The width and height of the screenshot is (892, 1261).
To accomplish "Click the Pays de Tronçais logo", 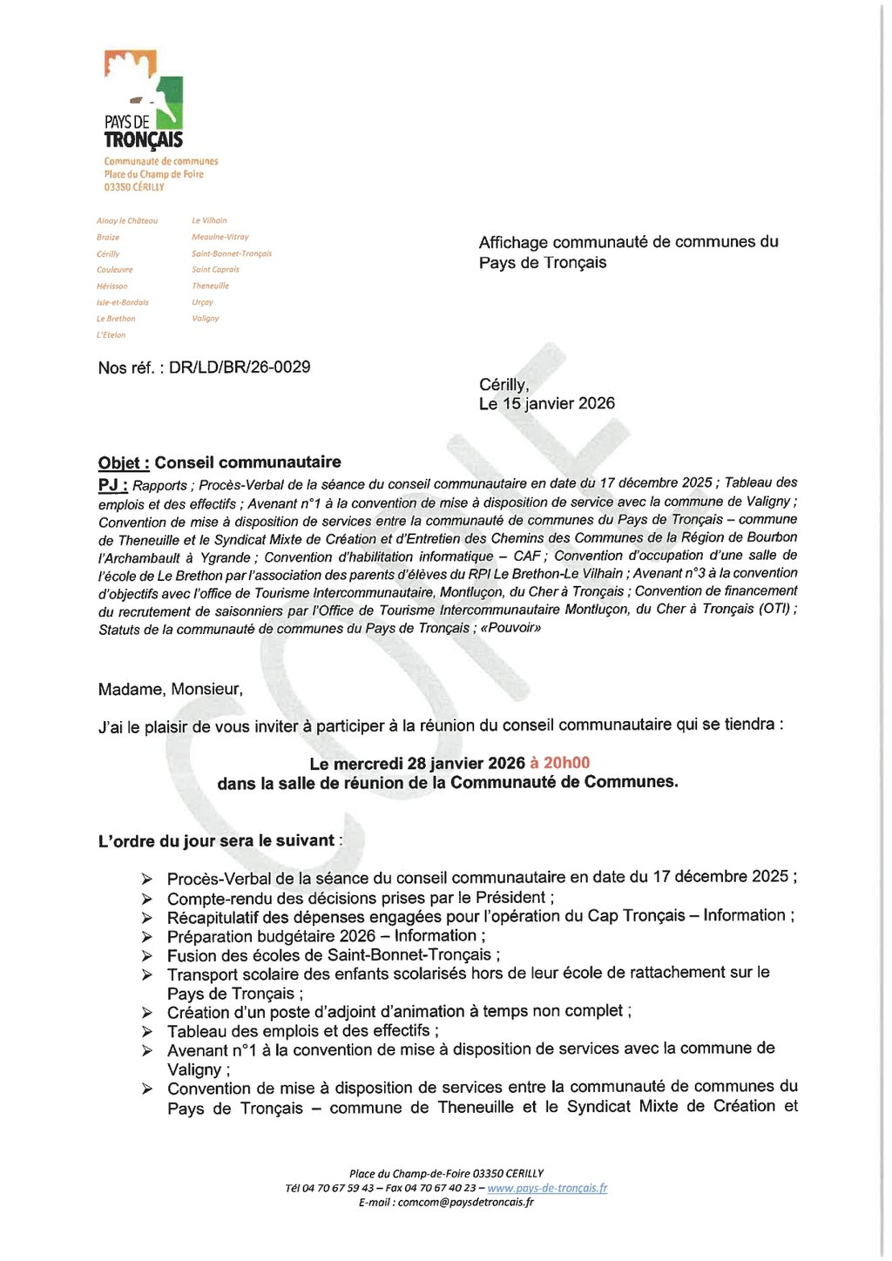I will tap(144, 100).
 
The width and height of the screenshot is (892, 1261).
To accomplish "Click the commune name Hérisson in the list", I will tap(112, 287).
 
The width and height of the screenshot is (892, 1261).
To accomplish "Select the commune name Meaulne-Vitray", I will tap(220, 237).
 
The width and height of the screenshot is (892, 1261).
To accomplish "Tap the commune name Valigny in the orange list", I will tap(206, 319).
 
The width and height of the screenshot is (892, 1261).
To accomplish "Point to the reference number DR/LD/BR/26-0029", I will tap(240, 368).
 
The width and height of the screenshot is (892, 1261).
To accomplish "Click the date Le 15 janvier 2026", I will tap(547, 404).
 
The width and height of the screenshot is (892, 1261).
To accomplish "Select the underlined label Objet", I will tap(124, 463).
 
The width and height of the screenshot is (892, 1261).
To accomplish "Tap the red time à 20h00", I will tap(560, 764).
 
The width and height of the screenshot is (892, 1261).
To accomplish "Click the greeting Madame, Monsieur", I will tap(171, 690).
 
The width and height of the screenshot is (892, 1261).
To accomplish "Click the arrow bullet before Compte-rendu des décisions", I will tap(147, 899).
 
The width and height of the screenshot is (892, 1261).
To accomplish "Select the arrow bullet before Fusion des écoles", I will tap(147, 956).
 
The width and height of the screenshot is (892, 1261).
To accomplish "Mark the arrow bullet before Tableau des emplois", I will tap(147, 1032).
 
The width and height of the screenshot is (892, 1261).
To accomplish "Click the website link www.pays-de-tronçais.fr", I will tap(547, 1188).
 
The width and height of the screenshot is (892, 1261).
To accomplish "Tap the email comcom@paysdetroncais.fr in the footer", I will tap(465, 1203).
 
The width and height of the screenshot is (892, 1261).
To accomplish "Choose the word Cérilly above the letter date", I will tap(503, 385).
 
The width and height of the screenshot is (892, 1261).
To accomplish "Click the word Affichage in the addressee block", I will tap(513, 243).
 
